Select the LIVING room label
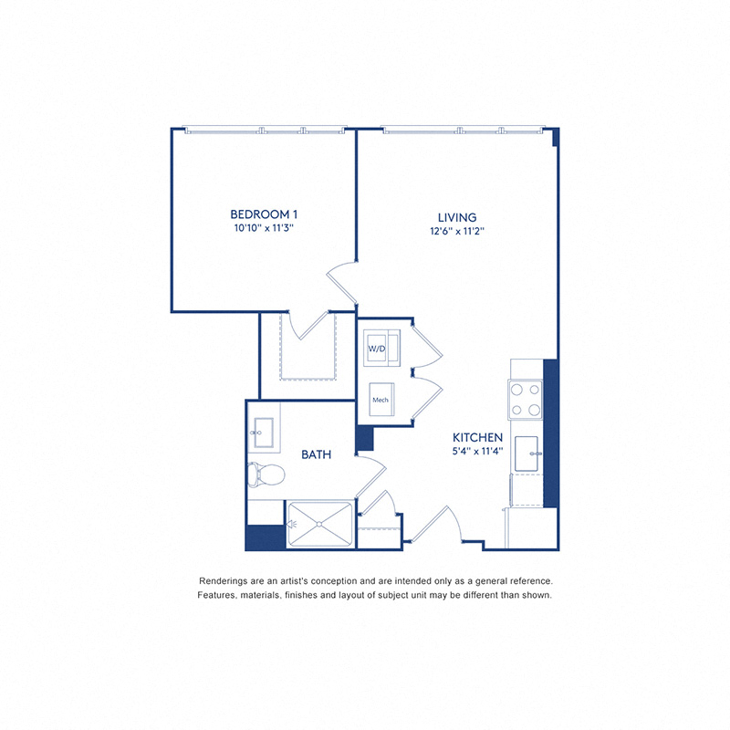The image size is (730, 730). coord(456,217)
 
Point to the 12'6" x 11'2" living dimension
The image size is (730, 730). coord(456,232)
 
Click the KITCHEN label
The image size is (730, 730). coord(477,438)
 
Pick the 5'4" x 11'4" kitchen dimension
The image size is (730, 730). coord(477,452)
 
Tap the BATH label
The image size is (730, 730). coord(317,454)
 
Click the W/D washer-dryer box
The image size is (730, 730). coord(378,349)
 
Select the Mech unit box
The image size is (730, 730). coord(381,400)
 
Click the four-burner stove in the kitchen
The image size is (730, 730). coord(526,399)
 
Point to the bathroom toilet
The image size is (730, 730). coord(264,474)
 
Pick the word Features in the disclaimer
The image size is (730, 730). coord(217,595)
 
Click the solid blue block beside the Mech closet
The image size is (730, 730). coord(365,438)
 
